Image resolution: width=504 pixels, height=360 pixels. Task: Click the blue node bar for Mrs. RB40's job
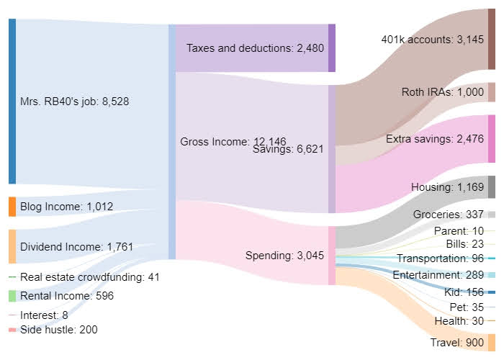click(12, 101)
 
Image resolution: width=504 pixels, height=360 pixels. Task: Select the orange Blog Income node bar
click(12, 207)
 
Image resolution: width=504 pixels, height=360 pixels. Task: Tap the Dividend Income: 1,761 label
click(76, 247)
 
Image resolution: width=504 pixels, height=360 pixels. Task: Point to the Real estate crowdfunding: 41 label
click(89, 277)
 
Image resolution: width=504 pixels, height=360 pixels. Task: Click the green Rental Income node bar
click(12, 296)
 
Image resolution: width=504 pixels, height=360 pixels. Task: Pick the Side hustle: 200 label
click(59, 330)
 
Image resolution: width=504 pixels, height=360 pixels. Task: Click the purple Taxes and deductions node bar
click(332, 48)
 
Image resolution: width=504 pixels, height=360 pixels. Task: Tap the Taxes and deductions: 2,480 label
click(255, 48)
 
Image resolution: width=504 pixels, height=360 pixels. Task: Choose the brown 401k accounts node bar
click(492, 39)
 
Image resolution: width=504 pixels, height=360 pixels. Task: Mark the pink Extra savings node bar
click(492, 139)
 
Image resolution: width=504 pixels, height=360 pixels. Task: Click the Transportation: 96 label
click(441, 258)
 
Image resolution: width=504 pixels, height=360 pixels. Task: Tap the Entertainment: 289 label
click(438, 275)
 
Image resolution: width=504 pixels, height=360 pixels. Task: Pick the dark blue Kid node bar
click(492, 292)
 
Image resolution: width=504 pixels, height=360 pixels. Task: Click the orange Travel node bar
click(492, 342)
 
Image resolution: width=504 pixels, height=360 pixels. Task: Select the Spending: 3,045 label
click(284, 256)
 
